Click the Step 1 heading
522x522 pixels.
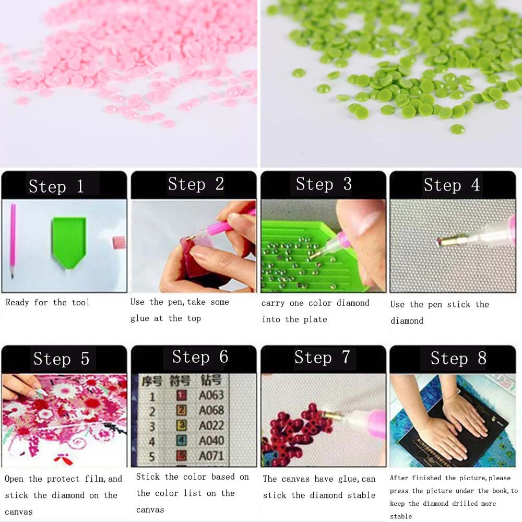coord(56,186)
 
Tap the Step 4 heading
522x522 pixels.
coord(452,185)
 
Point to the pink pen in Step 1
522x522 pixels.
coord(13,241)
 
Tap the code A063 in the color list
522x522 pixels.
coord(211,396)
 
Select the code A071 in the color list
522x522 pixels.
coord(211,456)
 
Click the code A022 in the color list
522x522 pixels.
coord(211,426)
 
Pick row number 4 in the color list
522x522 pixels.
coord(152,442)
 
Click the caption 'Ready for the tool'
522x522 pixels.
coord(48,302)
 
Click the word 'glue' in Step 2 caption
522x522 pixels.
coord(139,318)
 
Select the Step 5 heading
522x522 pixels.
coord(61,359)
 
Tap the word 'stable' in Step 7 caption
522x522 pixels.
coord(361,495)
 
